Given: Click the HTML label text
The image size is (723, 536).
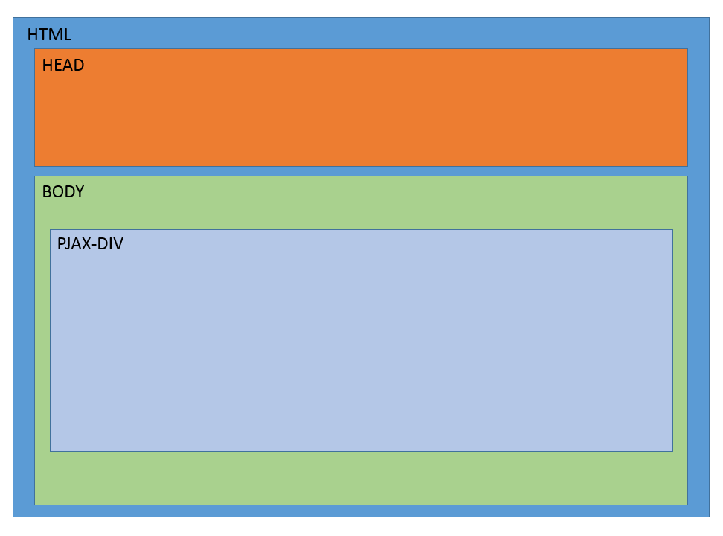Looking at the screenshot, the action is (49, 35).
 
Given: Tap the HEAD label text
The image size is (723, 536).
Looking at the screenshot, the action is (63, 66).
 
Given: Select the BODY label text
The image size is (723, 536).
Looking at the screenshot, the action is (63, 192).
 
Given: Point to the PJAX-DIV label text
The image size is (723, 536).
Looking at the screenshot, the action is (90, 244).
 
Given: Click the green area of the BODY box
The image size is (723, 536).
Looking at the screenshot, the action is (361, 476).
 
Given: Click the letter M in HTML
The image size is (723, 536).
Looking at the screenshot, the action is (55, 35).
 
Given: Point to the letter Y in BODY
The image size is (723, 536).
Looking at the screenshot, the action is (79, 192).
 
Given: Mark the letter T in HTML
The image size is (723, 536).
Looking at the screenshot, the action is (43, 35).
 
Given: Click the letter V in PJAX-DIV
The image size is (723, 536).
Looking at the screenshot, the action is (118, 244).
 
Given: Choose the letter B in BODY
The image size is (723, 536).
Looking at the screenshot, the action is (47, 192).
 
